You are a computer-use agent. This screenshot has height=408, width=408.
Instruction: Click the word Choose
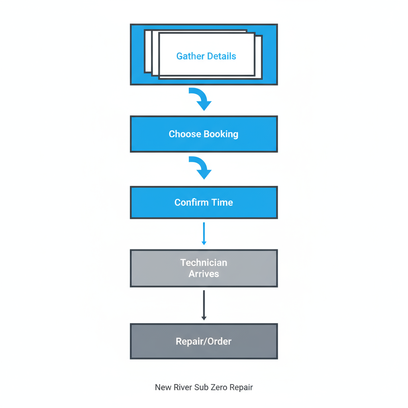tap(185, 134)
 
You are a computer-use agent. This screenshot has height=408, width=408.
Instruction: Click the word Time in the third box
tap(222, 202)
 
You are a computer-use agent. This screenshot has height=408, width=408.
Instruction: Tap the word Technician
tap(204, 263)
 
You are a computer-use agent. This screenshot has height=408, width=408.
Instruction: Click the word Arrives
tap(204, 274)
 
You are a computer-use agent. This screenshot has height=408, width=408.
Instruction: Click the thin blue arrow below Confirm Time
tap(204, 233)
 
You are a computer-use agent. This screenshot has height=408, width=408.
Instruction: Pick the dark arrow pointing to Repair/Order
tap(204, 305)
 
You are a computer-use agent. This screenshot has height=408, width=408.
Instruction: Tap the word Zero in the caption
tap(217, 387)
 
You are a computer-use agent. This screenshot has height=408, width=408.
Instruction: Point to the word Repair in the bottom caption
tap(241, 387)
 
